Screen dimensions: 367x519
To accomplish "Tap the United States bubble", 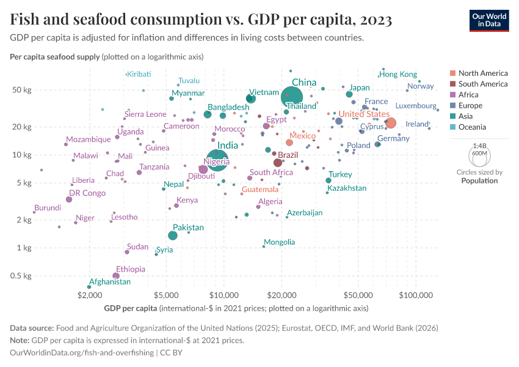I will coord(391,124).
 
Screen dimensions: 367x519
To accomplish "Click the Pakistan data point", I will coord(173,235).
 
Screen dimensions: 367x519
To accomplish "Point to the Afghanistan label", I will coord(110,282).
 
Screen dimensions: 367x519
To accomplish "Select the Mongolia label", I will coord(279,242).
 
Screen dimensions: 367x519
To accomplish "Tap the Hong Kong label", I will coord(398,75).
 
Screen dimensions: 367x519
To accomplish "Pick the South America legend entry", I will coord(482,84).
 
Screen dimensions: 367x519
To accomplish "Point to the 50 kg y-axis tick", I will coord(22,90).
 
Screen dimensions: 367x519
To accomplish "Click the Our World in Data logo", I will coord(489,20).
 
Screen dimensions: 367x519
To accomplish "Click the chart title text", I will coord(201,20).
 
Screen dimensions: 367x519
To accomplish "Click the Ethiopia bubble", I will coord(116,276).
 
